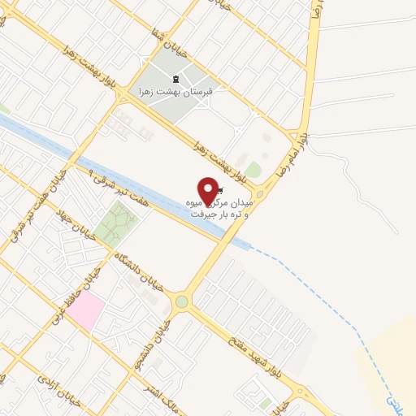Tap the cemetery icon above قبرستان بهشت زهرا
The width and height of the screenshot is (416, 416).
[178, 79]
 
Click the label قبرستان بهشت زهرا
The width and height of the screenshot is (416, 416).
[177, 93]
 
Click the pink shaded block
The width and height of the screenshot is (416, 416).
[89, 310]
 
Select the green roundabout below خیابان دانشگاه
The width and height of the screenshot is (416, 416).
[180, 301]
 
